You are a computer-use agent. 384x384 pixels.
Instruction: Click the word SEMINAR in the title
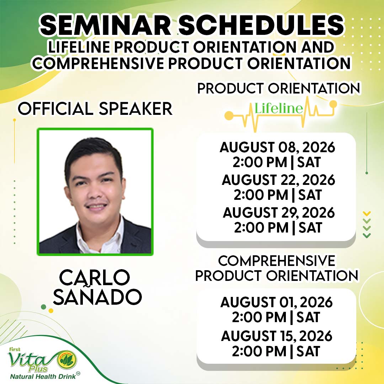[x=105, y=26]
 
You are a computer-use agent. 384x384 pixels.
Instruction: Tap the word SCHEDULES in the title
[x=261, y=26]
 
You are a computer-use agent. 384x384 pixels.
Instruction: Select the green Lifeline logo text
[x=279, y=108]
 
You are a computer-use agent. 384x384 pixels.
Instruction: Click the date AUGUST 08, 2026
[x=277, y=147]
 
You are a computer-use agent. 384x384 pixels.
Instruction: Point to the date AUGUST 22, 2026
[x=278, y=180]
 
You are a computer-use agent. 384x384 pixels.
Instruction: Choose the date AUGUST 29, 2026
[x=279, y=213]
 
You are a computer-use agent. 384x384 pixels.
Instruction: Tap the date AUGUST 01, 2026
[x=277, y=302]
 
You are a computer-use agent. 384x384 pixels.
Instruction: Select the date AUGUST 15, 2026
[x=277, y=336]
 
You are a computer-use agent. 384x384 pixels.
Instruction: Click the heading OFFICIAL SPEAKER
[x=95, y=108]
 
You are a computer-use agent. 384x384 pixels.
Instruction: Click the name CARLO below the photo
[x=95, y=277]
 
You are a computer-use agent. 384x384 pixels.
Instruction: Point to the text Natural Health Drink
[x=43, y=377]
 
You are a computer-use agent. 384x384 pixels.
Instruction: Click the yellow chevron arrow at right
[x=367, y=213]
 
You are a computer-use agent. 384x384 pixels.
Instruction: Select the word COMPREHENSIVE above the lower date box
[x=277, y=261]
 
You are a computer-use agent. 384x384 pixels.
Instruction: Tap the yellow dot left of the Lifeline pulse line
[x=229, y=116]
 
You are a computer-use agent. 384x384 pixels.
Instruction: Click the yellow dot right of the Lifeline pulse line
[x=333, y=104]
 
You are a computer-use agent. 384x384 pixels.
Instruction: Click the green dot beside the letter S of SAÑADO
[x=44, y=307]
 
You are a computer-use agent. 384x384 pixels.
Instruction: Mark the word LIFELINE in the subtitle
[x=79, y=47]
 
